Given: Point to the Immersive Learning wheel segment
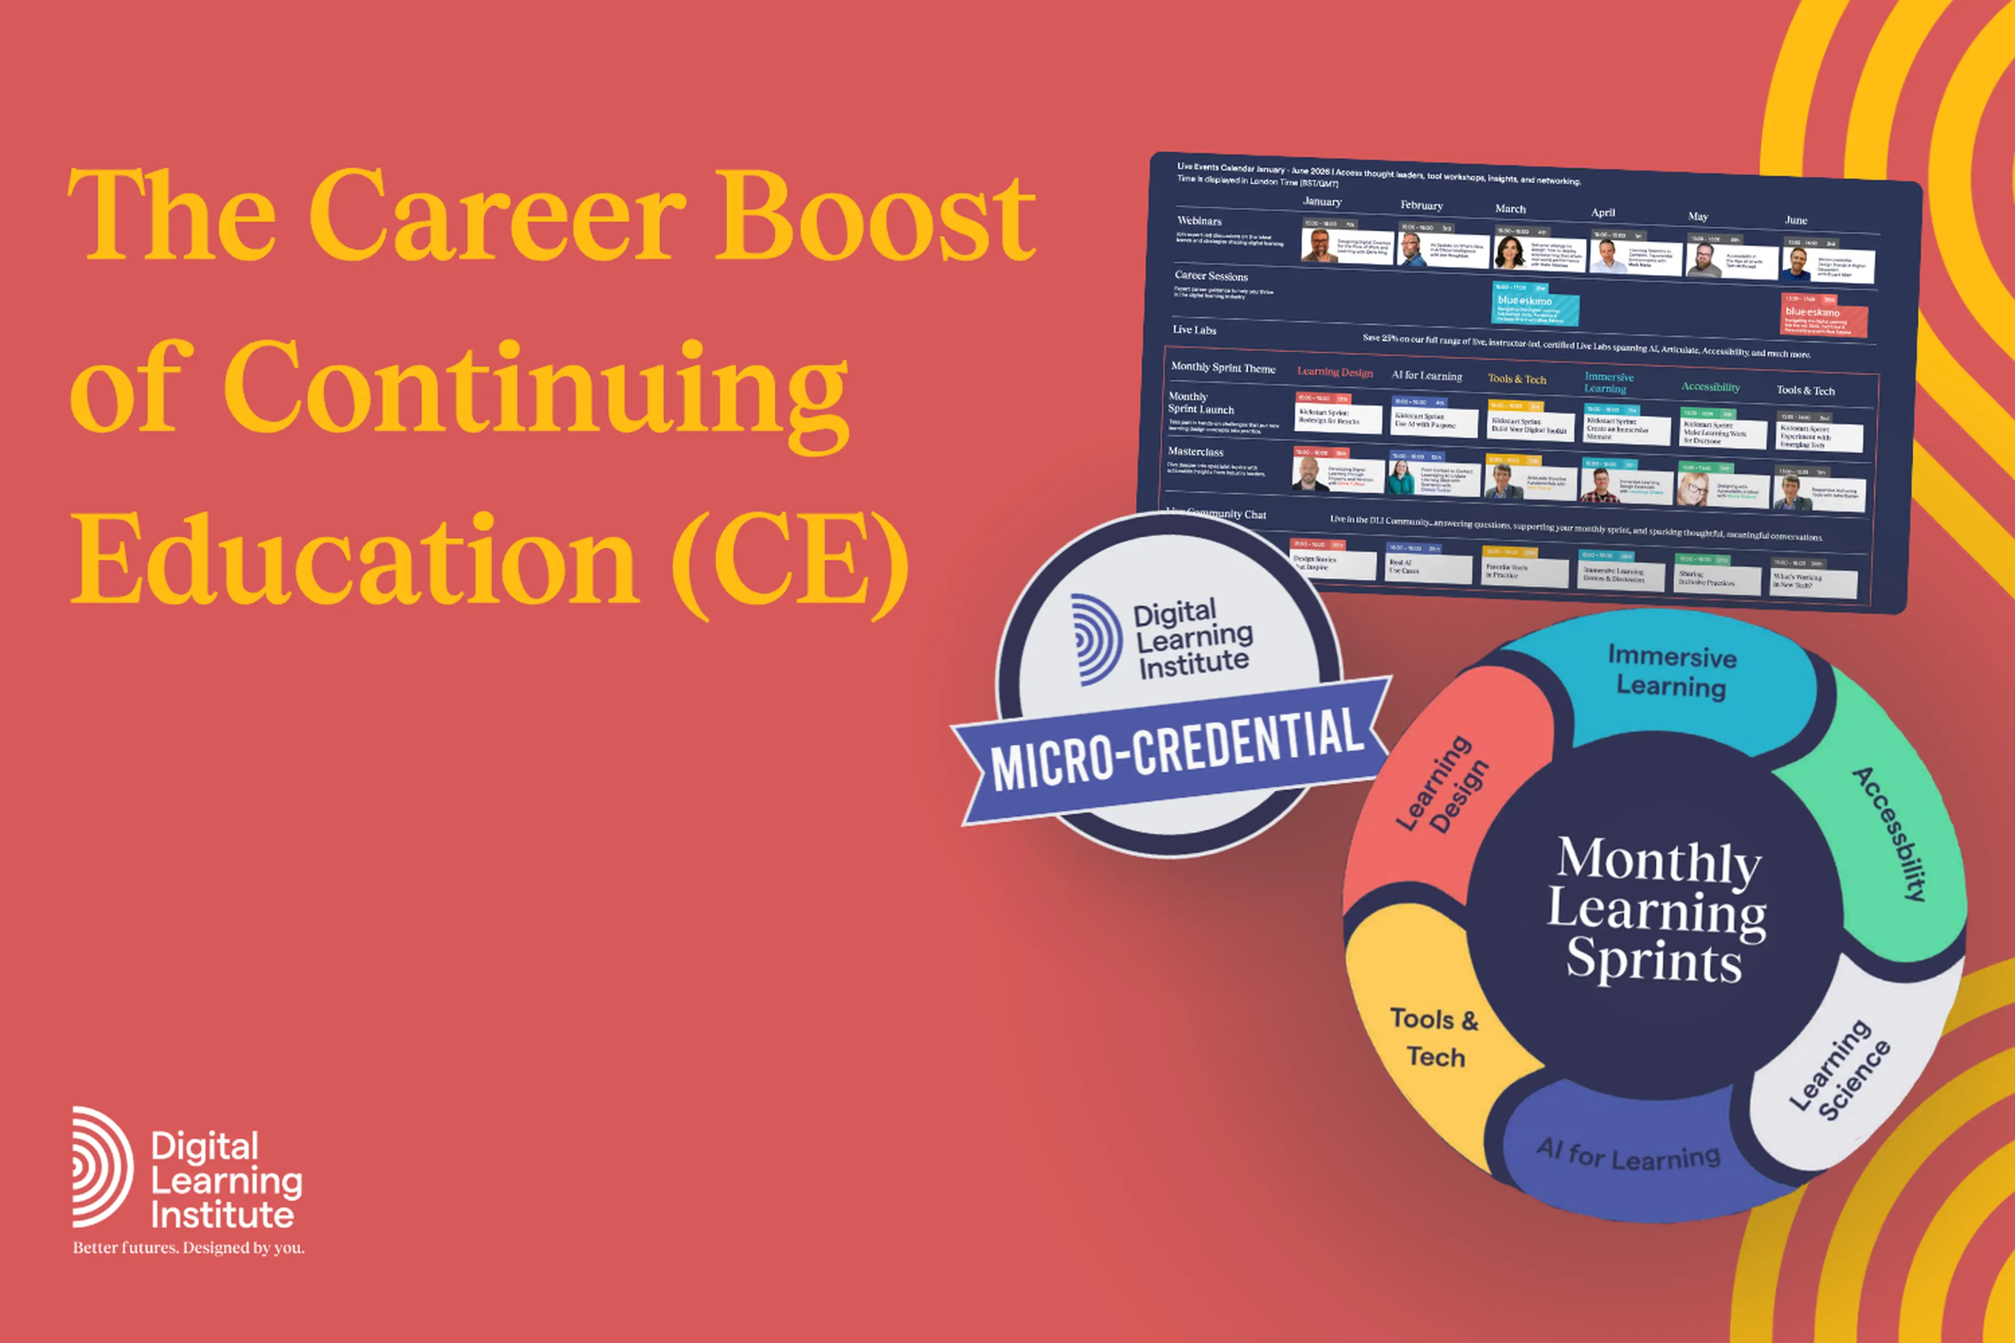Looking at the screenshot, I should [1671, 673].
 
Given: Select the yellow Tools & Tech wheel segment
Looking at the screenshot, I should [1435, 1037].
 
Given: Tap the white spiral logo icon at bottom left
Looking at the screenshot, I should [102, 1167].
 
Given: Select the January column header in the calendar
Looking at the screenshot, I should [1322, 201].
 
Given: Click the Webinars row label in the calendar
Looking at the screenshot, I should [1200, 221].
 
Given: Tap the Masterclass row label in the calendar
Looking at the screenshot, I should [1196, 451].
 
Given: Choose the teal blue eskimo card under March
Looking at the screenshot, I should [1535, 305].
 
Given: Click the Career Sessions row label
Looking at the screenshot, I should [1212, 276].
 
